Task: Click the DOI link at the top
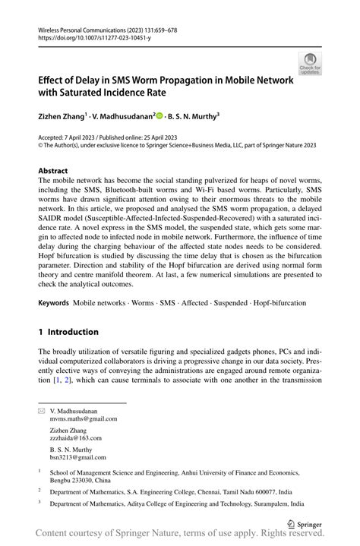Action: [89, 36]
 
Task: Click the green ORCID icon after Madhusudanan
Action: [159, 116]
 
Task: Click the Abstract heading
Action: [52, 171]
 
